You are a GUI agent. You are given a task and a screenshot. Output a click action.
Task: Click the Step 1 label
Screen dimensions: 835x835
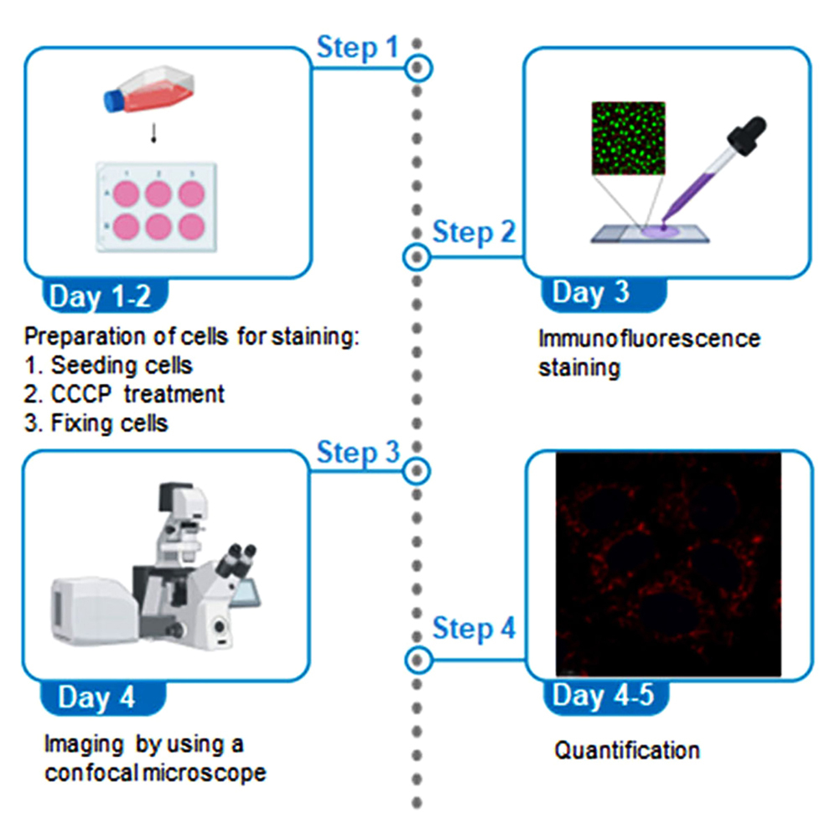click(358, 48)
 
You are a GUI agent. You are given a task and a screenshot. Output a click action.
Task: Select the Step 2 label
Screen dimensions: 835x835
click(474, 232)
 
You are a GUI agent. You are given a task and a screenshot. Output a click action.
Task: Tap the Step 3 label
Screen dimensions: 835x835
click(358, 453)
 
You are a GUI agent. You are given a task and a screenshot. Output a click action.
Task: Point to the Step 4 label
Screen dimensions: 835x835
click(474, 628)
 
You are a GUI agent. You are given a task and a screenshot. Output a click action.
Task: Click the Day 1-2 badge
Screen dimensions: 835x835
click(104, 296)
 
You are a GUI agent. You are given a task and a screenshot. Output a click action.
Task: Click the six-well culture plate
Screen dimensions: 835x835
click(156, 206)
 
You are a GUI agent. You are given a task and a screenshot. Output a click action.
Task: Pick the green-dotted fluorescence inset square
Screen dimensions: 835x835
click(629, 138)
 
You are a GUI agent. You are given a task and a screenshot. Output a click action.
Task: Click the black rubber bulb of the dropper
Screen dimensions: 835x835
click(747, 133)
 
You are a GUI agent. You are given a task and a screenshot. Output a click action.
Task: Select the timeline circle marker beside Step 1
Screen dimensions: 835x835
click(417, 68)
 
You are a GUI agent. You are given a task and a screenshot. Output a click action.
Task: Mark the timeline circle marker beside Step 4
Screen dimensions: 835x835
click(417, 661)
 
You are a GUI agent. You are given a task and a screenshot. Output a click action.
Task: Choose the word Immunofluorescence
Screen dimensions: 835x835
click(649, 339)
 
